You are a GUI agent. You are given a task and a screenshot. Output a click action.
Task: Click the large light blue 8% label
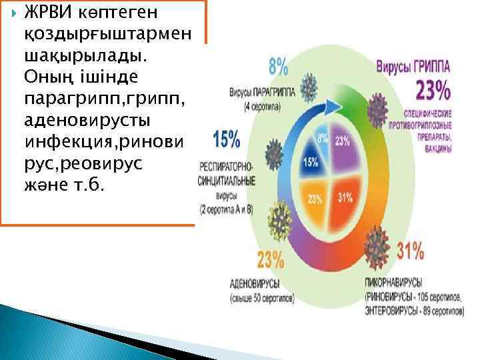point(278,66)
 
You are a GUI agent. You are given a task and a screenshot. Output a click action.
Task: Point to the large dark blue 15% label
point(227,139)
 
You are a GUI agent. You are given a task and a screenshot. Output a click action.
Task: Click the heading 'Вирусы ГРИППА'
point(413,67)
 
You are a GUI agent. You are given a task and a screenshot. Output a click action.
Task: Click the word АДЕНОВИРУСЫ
point(254,283)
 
